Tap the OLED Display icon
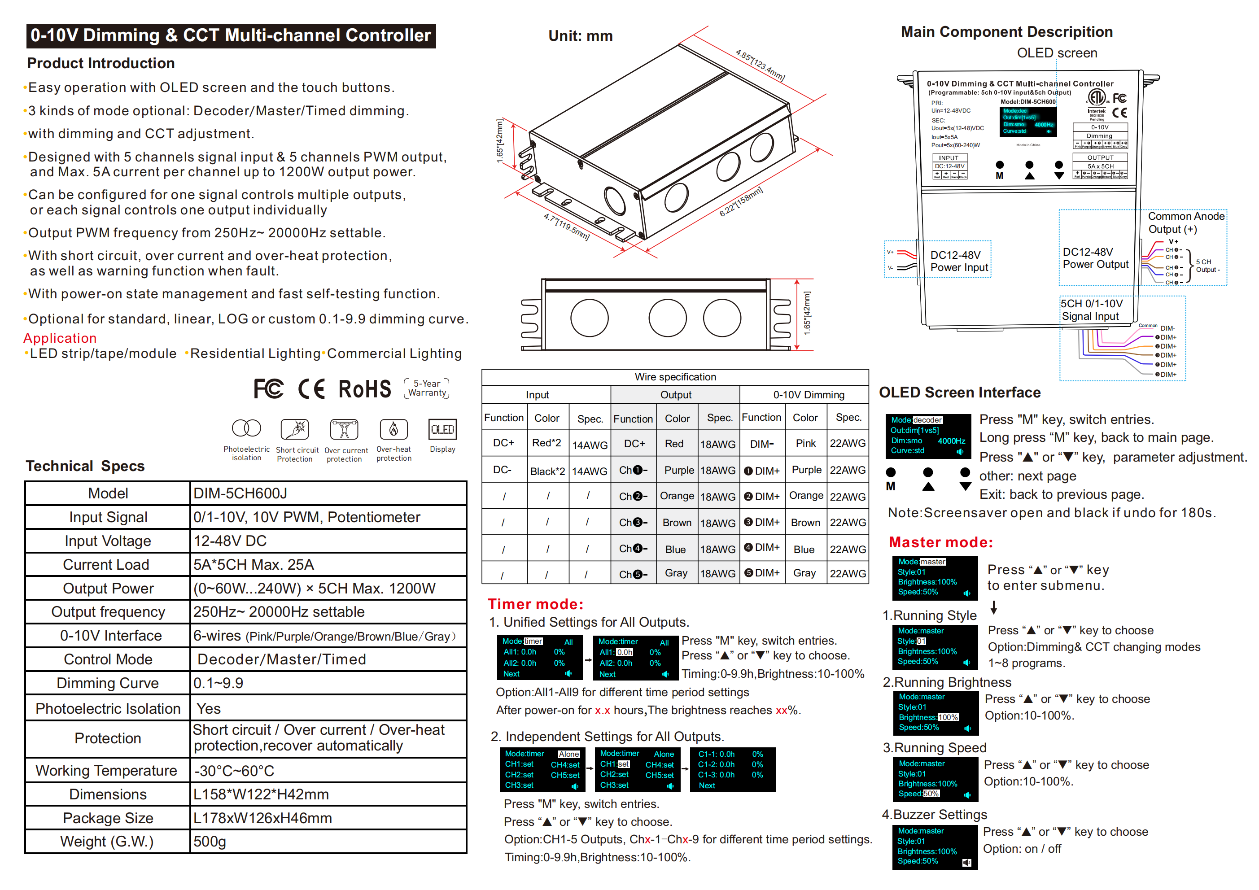click(x=442, y=429)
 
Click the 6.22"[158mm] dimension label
click(x=740, y=202)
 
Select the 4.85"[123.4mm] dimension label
click(x=760, y=65)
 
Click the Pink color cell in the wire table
click(x=805, y=443)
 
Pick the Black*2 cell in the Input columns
click(x=546, y=471)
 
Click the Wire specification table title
click(x=675, y=377)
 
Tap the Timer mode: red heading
click(x=536, y=604)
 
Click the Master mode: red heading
click(x=940, y=542)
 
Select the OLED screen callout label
click(x=1057, y=53)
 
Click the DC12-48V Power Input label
click(x=958, y=261)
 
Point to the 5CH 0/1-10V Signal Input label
click(x=1091, y=310)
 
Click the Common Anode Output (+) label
click(x=1185, y=222)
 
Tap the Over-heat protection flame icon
click(x=393, y=429)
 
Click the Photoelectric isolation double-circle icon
click(x=246, y=428)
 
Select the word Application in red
click(x=60, y=338)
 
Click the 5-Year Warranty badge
click(x=427, y=388)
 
